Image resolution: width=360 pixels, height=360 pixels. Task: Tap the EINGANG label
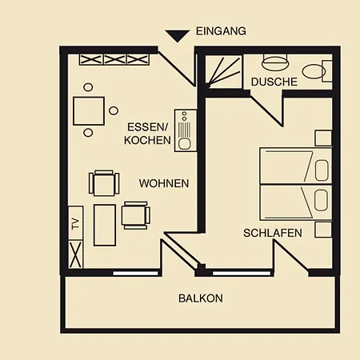point(221,31)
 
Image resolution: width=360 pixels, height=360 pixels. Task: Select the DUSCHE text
point(274,82)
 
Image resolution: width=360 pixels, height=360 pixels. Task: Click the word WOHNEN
point(164,183)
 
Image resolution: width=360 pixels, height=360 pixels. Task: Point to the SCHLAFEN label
point(273,233)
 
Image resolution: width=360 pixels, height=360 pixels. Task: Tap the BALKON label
point(201,298)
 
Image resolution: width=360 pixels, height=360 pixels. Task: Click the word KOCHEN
point(147,140)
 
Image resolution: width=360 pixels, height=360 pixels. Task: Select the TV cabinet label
point(76,224)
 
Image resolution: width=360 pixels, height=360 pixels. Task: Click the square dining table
point(89,111)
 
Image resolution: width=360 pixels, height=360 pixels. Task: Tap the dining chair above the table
point(88,87)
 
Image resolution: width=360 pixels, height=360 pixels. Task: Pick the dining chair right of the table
point(114,110)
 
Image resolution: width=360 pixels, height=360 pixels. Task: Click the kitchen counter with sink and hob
point(186,130)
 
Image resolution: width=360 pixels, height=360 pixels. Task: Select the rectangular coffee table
point(105,225)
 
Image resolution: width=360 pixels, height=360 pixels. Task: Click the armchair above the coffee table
point(104,183)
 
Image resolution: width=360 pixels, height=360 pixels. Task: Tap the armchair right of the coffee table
point(136,215)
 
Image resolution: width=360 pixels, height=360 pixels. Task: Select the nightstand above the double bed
point(323,138)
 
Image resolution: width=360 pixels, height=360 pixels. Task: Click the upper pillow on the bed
point(322,170)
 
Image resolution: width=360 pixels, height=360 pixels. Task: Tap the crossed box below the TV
point(76,254)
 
